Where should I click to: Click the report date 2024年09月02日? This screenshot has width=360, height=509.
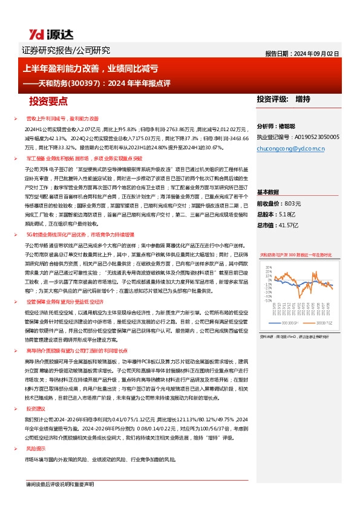324,53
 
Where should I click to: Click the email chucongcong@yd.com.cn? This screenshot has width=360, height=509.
291,147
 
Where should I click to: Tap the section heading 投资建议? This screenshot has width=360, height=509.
36,409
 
